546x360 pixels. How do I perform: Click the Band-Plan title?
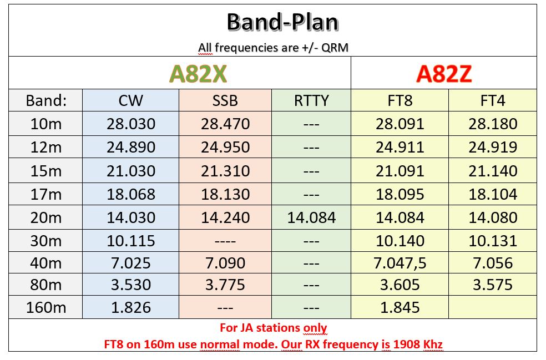[x=282, y=23]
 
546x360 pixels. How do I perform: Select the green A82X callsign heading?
[x=198, y=74]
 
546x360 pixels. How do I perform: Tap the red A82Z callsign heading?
[x=444, y=74]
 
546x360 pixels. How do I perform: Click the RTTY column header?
[x=311, y=100]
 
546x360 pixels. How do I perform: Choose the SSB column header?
[x=225, y=100]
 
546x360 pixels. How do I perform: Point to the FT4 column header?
[x=492, y=100]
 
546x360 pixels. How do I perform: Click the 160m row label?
[x=46, y=307]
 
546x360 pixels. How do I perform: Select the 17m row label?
[x=46, y=194]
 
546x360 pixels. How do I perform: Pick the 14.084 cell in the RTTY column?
[x=311, y=217]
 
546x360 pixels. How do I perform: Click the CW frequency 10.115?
[x=131, y=241]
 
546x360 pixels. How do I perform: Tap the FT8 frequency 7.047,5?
[x=400, y=263]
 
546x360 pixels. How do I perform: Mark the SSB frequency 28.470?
[x=225, y=124]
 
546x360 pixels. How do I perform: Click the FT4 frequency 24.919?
[x=493, y=148]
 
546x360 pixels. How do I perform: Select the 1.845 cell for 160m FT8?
[x=400, y=307]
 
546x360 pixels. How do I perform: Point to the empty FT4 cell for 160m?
[x=493, y=307]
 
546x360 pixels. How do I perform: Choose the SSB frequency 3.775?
[x=225, y=285]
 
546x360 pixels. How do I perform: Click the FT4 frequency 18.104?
[x=493, y=194]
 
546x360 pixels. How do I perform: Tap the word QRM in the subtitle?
[x=335, y=47]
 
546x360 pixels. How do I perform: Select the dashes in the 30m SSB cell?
[x=225, y=241]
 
